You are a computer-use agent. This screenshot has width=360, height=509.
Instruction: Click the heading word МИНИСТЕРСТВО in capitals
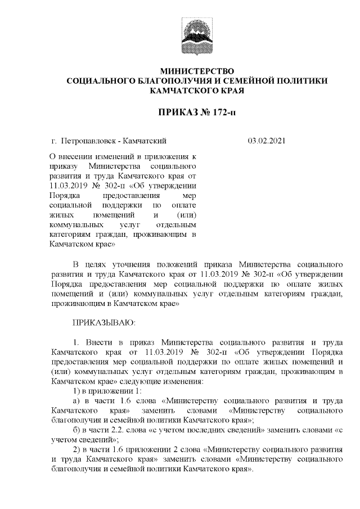tap(196, 71)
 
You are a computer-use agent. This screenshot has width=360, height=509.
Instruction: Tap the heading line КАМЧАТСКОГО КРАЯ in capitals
tap(196, 91)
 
